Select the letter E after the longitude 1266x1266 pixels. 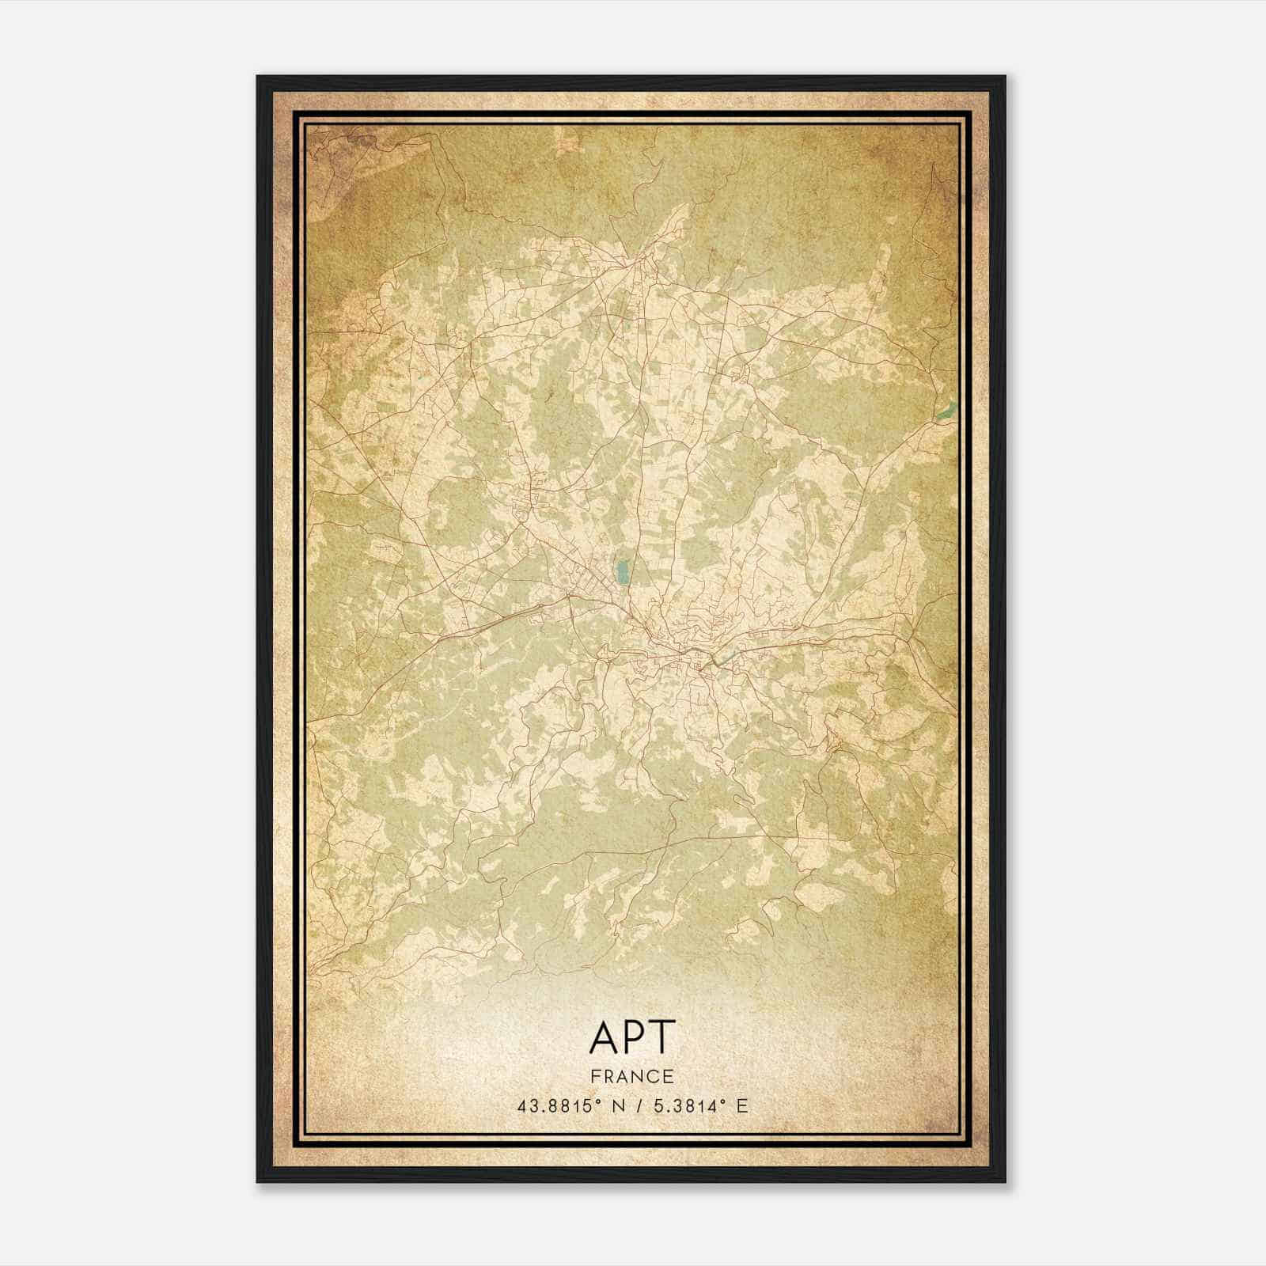pos(741,1106)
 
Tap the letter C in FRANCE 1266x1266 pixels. pos(654,1076)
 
